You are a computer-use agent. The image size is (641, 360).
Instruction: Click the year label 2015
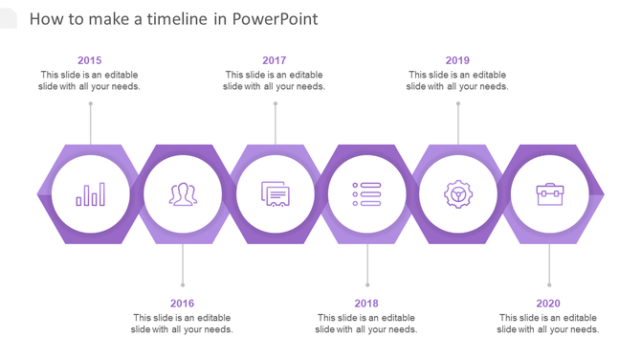tap(89, 60)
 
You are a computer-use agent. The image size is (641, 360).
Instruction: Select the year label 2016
tap(182, 304)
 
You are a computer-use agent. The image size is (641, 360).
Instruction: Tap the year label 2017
tap(274, 60)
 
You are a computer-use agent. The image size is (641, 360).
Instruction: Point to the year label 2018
tap(365, 304)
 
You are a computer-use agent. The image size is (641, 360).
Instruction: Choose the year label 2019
tap(457, 60)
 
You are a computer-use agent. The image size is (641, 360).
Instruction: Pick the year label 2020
tap(548, 304)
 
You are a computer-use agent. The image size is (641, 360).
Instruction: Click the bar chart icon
tap(91, 195)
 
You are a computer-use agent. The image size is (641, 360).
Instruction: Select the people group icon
tap(183, 194)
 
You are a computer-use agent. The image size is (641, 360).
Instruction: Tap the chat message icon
tap(276, 194)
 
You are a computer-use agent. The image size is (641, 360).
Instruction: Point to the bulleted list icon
tap(366, 194)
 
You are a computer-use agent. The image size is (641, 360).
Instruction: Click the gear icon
tap(458, 194)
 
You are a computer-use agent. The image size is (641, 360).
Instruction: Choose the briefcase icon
tap(550, 194)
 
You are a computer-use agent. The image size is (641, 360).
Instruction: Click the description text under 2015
tap(90, 80)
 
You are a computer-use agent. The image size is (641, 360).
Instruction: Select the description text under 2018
tap(366, 324)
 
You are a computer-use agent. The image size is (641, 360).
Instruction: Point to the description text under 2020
tap(548, 324)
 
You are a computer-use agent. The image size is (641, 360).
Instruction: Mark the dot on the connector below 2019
tap(458, 103)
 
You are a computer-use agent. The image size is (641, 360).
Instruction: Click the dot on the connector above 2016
tap(183, 284)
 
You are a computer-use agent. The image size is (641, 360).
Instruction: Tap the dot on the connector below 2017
tap(276, 103)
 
